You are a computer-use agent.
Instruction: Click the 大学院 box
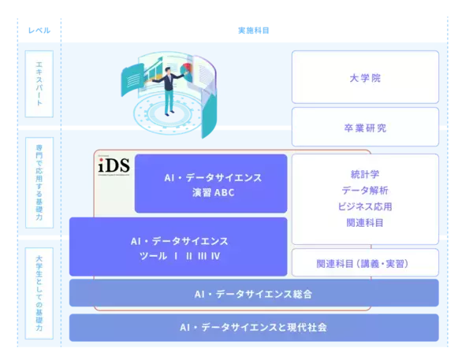[365, 78]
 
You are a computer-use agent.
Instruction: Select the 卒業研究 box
[365, 127]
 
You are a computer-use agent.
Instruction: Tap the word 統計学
[365, 175]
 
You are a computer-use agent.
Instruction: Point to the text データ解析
[365, 191]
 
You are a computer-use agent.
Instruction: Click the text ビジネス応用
[365, 206]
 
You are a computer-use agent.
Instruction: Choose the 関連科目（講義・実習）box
[365, 263]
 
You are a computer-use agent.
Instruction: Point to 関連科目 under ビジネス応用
[365, 223]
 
